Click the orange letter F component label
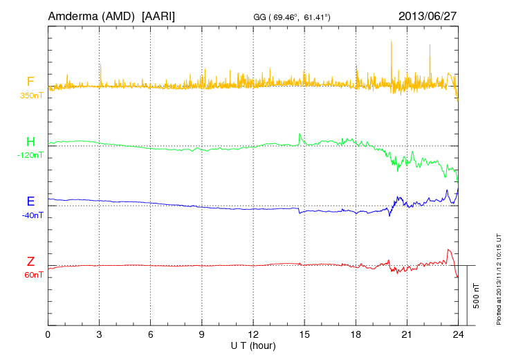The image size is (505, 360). [x=30, y=82]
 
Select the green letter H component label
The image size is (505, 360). [x=30, y=143]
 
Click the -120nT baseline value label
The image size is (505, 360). [x=30, y=155]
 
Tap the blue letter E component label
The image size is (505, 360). [x=30, y=202]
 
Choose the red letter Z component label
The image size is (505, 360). [x=30, y=262]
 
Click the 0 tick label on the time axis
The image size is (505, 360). [x=48, y=334]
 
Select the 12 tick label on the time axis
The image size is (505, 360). [x=253, y=334]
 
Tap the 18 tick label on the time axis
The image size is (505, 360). [x=356, y=334]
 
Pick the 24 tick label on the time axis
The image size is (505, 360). [x=458, y=334]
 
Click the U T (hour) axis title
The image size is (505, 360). [x=253, y=345]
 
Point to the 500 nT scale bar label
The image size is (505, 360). [x=477, y=296]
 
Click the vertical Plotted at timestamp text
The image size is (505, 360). [x=499, y=276]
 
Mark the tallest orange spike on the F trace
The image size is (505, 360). [x=392, y=42]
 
